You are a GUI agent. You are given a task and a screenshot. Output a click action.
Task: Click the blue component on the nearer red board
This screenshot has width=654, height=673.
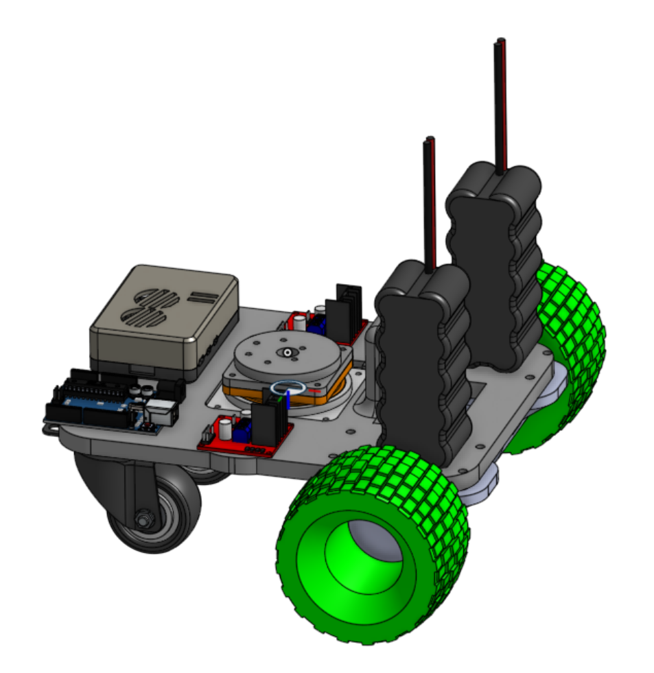point(242,432)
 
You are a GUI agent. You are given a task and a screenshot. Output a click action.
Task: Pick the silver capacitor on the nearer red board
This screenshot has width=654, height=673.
point(225,429)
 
